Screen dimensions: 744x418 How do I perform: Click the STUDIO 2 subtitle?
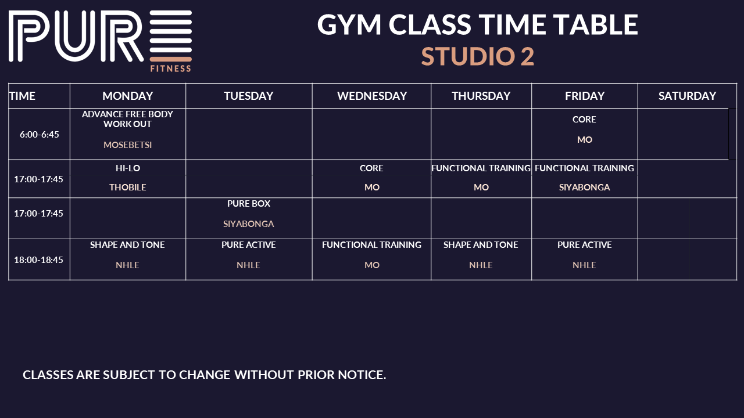[x=478, y=56]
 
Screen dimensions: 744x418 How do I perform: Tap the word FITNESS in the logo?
[x=171, y=69]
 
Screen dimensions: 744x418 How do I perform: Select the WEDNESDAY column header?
[x=372, y=96]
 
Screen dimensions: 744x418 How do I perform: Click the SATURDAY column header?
[x=687, y=96]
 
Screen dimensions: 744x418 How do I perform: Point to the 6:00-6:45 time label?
[x=39, y=134]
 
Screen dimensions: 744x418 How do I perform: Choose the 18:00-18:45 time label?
[x=38, y=260]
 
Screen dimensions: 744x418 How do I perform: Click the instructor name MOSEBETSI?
[x=127, y=145]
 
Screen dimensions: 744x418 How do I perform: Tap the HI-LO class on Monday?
[x=128, y=168]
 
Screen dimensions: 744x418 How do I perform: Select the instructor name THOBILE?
[x=127, y=188]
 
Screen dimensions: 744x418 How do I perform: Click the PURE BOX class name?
[x=249, y=204]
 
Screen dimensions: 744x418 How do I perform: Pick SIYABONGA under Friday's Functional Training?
[x=585, y=188]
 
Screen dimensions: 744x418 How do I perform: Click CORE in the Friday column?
[x=584, y=120]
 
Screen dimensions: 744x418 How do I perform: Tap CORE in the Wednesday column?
[x=371, y=168]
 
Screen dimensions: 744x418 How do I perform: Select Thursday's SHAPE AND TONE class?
[x=481, y=245]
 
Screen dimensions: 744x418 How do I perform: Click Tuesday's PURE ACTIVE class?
[x=248, y=245]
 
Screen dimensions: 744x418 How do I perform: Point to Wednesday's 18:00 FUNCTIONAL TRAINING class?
[x=371, y=245]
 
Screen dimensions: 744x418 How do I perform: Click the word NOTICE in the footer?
[x=362, y=375]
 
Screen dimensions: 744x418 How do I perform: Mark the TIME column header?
[x=22, y=96]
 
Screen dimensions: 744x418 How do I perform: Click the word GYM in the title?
[x=349, y=24]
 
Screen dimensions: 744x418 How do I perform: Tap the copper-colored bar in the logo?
[x=171, y=59]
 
